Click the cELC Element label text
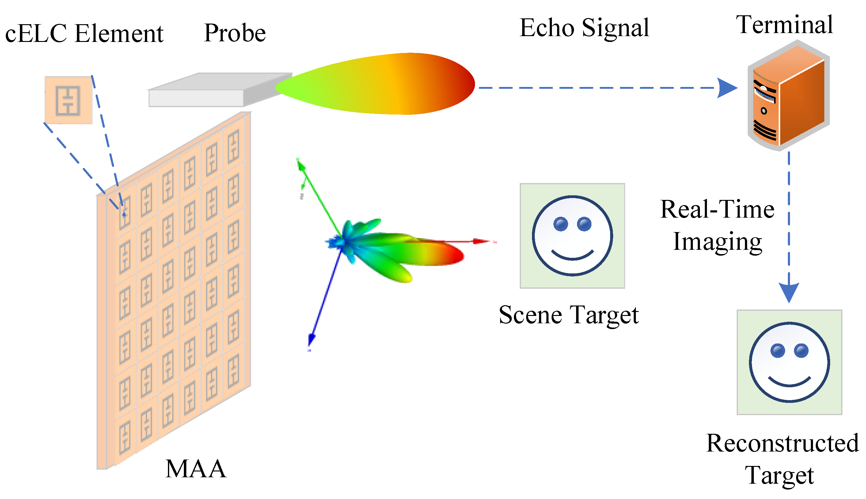(x=84, y=34)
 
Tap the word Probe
(x=235, y=33)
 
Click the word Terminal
(x=784, y=25)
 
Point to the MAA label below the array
(x=196, y=469)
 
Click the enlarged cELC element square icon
(x=68, y=100)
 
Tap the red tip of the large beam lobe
(x=466, y=84)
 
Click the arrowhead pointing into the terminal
(x=727, y=88)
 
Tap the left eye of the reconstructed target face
(x=777, y=351)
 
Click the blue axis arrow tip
(x=311, y=341)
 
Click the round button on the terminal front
(x=764, y=111)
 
